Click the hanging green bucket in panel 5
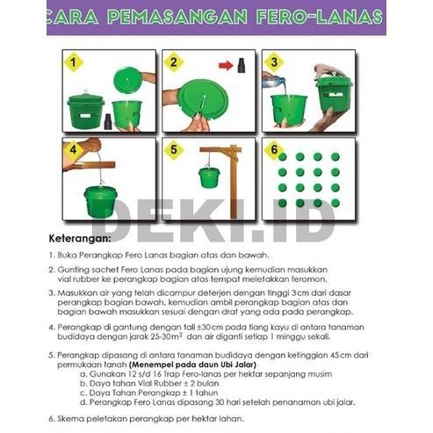click(209, 177)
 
